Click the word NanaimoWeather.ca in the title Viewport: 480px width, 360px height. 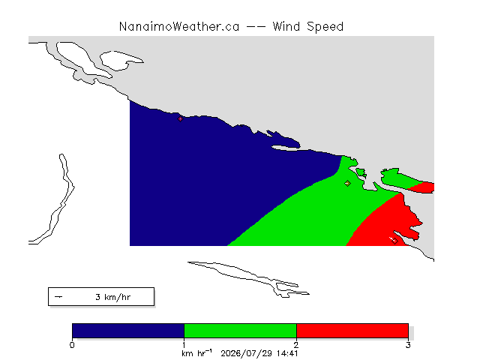179,27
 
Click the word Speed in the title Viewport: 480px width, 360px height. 325,27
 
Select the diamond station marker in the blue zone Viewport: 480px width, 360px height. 180,118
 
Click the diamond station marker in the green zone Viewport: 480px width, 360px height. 347,183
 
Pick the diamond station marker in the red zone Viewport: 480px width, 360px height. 394,241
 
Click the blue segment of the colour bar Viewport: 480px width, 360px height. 128,331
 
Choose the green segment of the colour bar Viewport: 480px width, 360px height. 240,331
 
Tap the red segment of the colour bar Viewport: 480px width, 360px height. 352,331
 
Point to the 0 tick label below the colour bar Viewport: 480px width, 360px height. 72,345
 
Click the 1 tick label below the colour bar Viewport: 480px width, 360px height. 184,345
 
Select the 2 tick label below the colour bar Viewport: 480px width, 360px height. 296,345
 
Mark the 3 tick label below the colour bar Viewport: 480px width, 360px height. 408,345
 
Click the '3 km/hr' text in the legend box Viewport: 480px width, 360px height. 113,297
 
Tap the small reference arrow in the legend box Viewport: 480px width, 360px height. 58,297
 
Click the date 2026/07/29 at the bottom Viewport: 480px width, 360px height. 247,353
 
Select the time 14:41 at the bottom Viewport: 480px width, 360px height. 287,353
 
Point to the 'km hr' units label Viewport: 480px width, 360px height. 196,353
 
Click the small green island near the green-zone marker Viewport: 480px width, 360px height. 361,173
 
